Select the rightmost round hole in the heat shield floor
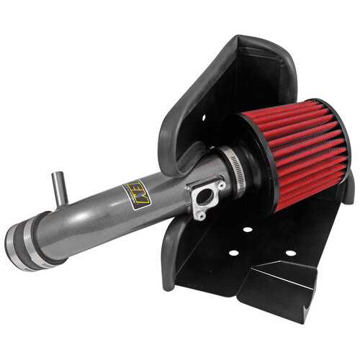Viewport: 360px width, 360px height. tap(291, 253)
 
